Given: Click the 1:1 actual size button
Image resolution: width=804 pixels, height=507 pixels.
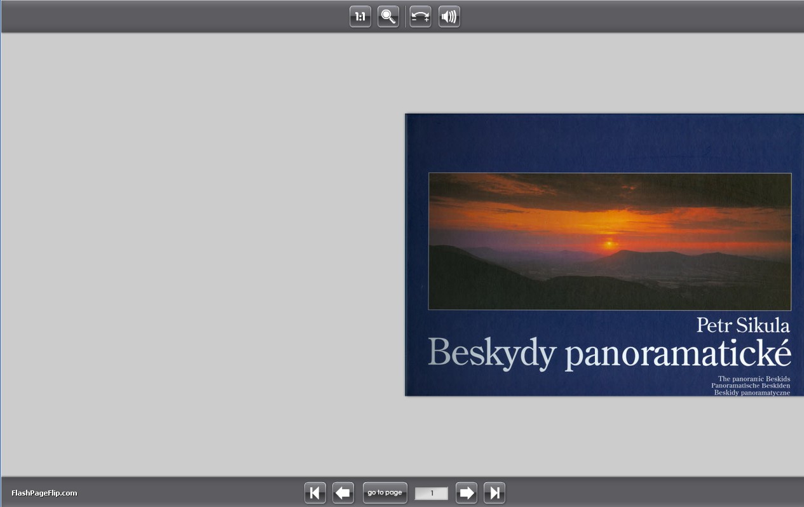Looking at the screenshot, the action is coord(360,17).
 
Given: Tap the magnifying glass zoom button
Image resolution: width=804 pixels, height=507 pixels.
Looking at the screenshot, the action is coord(388,17).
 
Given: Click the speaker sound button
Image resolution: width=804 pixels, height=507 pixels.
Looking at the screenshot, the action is coord(449,17).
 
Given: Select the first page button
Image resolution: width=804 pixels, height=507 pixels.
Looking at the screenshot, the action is coord(315,492).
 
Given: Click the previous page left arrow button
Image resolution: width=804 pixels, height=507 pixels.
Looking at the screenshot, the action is coord(343,492).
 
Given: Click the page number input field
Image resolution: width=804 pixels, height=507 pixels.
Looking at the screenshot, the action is coord(431,493).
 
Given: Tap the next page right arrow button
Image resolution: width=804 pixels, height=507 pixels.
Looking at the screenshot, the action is coord(467,492).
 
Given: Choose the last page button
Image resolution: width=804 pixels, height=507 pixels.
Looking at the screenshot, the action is coord(494,492).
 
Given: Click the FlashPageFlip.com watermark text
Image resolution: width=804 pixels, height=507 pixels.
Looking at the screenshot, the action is coord(44,493).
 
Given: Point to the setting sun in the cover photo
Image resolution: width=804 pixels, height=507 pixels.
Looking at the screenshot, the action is coord(609,245).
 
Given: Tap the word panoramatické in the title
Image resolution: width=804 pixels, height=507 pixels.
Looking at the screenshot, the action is coord(678,353).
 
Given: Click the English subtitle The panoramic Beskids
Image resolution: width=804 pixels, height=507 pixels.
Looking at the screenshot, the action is coord(754,379).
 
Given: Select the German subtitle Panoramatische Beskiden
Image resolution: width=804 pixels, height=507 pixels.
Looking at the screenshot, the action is coord(751,386).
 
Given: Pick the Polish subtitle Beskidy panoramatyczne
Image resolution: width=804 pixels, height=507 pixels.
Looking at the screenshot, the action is coord(752,393).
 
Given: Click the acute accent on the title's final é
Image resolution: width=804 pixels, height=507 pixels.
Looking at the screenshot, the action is coord(781,342).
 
